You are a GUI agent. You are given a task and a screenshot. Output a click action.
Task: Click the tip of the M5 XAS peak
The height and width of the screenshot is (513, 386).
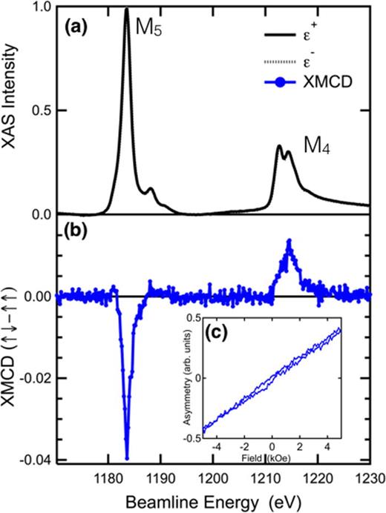click(127, 10)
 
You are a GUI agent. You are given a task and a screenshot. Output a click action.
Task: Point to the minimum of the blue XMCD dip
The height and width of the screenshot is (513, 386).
click(127, 458)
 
